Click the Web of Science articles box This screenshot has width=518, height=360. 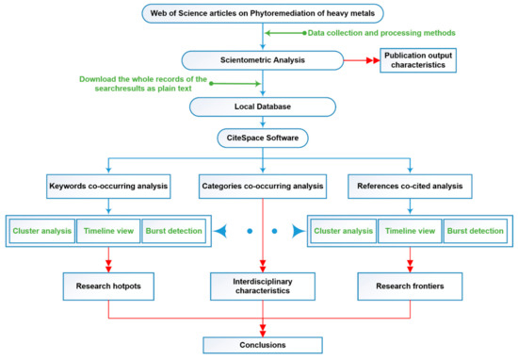258,13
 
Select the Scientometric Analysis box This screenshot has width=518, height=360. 258,59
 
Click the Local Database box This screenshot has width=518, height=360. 258,107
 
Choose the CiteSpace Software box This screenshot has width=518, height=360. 258,141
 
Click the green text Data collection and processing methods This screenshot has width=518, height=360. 362,34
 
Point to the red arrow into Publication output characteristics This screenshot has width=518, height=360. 357,59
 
